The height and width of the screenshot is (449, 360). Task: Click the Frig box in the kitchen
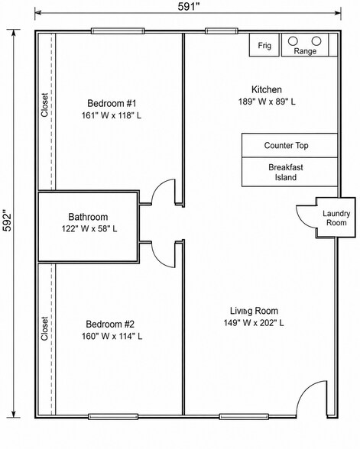[x=264, y=45]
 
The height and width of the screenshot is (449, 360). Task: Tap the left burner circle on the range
[x=293, y=41]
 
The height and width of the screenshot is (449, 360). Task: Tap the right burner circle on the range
[x=316, y=41]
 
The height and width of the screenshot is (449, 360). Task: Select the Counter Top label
[x=286, y=145]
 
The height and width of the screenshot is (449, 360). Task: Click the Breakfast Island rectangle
[x=290, y=172]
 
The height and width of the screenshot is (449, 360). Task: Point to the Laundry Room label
[x=336, y=218]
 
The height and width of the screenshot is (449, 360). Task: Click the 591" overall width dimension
[x=188, y=7]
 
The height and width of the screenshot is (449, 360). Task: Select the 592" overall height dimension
[x=7, y=221]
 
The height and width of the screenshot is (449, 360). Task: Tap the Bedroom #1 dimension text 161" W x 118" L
[x=112, y=115]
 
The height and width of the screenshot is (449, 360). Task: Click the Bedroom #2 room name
[x=110, y=324]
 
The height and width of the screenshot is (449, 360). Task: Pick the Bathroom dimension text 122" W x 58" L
[x=89, y=229]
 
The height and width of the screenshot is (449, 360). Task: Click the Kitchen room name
[x=267, y=89]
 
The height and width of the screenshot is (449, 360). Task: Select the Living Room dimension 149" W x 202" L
[x=254, y=323]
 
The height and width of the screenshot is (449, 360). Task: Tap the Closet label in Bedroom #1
[x=44, y=105]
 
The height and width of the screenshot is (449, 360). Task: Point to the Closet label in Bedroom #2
[x=44, y=328]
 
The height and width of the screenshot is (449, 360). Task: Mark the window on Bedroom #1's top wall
[x=118, y=31]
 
